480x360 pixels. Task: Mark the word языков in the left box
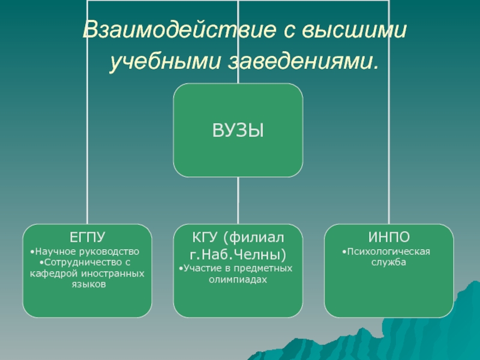pyautogui.click(x=88, y=284)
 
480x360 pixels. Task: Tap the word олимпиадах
pyautogui.click(x=238, y=279)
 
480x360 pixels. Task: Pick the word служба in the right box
pyautogui.click(x=389, y=262)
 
